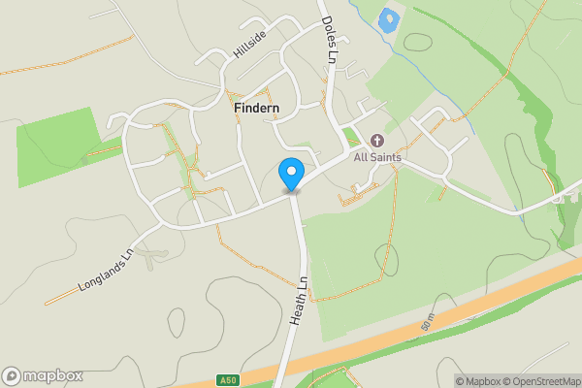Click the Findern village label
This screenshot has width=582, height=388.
258,109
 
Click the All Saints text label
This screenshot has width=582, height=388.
377,157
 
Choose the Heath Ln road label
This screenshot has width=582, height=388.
299,301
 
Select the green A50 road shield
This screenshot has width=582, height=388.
225,380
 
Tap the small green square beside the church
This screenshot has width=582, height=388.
350,135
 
